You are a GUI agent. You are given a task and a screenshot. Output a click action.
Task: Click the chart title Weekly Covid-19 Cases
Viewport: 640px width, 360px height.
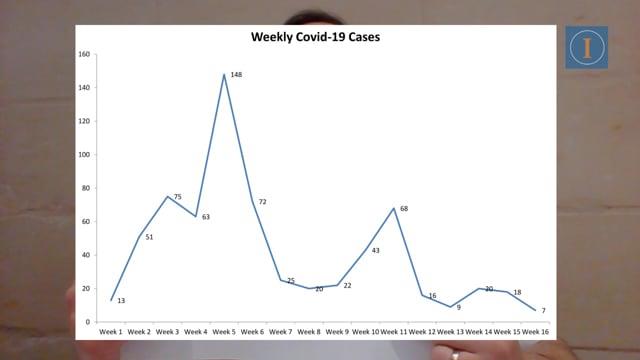pyautogui.click(x=316, y=37)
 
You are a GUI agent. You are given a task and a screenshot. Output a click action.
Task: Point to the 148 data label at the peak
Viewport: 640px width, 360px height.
pyautogui.click(x=236, y=75)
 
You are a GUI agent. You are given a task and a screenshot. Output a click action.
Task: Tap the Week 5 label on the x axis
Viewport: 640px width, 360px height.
pyautogui.click(x=224, y=332)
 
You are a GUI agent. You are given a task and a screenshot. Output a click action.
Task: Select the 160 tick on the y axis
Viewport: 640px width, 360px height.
pyautogui.click(x=84, y=54)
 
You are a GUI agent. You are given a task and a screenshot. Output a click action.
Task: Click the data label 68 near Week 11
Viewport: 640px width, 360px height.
pyautogui.click(x=404, y=209)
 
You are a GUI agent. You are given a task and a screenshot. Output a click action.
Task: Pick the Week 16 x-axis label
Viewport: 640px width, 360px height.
pyautogui.click(x=536, y=332)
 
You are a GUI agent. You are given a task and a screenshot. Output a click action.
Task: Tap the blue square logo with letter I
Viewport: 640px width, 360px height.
pyautogui.click(x=587, y=48)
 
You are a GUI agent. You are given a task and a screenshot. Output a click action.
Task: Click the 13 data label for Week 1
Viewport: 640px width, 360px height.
pyautogui.click(x=121, y=301)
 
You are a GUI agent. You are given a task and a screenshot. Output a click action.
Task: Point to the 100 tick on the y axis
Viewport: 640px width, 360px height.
pyautogui.click(x=84, y=155)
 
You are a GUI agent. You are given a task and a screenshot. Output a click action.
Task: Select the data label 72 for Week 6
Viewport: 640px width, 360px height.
pyautogui.click(x=262, y=202)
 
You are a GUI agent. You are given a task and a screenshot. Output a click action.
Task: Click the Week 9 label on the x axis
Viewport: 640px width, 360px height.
pyautogui.click(x=337, y=332)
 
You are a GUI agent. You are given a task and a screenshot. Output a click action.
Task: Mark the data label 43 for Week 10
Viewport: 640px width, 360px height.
pyautogui.click(x=376, y=251)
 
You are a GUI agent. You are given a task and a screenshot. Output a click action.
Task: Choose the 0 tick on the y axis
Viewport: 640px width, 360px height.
pyautogui.click(x=88, y=322)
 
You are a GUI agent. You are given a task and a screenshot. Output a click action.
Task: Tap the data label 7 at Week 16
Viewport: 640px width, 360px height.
pyautogui.click(x=544, y=311)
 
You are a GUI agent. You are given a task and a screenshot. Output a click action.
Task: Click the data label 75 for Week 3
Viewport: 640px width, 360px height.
pyautogui.click(x=178, y=197)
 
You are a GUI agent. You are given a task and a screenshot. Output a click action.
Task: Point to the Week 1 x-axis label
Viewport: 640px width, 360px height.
pyautogui.click(x=111, y=332)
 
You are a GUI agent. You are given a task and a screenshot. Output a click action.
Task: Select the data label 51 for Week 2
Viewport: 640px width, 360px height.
pyautogui.click(x=149, y=237)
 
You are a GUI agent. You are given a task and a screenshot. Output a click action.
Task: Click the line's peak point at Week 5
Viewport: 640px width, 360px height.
pyautogui.click(x=224, y=74)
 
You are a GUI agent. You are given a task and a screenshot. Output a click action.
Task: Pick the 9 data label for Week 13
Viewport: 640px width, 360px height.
pyautogui.click(x=459, y=308)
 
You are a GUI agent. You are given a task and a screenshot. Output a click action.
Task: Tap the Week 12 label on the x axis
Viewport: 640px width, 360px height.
pyautogui.click(x=422, y=332)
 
